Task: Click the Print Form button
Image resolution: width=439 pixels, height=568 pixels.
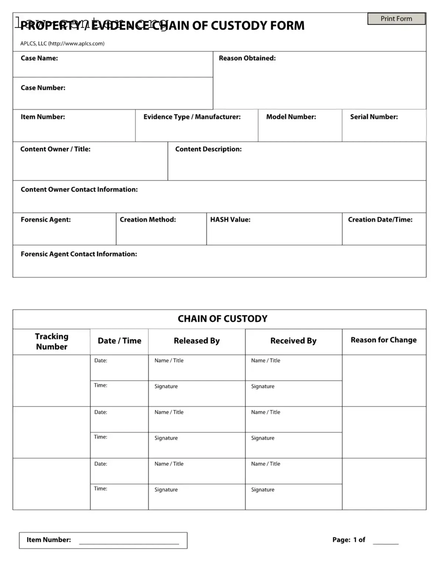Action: coord(396,19)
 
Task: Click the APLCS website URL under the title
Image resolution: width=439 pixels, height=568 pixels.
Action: coord(76,43)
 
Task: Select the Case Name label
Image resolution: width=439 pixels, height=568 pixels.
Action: coord(39,58)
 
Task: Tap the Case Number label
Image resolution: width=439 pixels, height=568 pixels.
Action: coord(43,88)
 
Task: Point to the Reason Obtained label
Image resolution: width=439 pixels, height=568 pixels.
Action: coord(247,58)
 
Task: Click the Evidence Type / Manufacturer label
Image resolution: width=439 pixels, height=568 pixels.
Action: coord(192,117)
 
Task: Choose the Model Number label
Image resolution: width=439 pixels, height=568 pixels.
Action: coord(291,117)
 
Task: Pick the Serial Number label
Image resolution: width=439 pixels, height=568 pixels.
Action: coord(374,117)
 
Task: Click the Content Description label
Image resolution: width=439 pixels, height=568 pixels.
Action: coord(208,149)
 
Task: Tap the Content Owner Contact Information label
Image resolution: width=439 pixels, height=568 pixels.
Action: coord(79,189)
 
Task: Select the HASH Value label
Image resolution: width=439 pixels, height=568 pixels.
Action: coord(230,220)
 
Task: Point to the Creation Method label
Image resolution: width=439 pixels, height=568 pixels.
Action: coord(147,220)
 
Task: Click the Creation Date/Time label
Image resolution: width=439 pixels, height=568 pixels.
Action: coord(380,220)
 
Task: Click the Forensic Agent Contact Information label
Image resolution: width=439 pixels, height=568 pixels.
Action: coord(79,254)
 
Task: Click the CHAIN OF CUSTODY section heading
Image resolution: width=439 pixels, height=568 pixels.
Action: coord(222,319)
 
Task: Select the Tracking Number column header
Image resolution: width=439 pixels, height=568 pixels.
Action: coord(52,342)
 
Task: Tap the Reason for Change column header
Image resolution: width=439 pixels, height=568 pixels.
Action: coord(383,340)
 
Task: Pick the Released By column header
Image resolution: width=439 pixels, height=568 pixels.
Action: coord(196,341)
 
